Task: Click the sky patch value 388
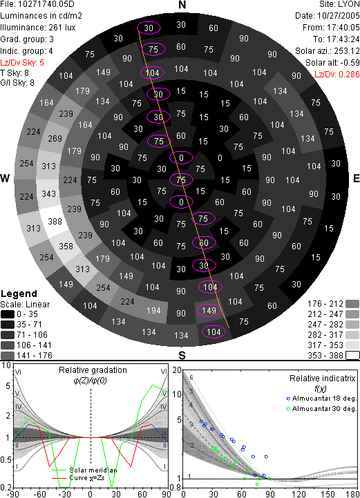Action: [x=55, y=221]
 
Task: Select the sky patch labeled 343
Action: [x=48, y=193]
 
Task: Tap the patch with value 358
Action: [x=66, y=246]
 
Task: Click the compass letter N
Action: [x=182, y=5]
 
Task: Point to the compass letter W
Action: [x=5, y=178]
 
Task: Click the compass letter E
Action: [x=357, y=178]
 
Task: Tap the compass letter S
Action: [x=182, y=356]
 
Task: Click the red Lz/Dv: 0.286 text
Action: [x=337, y=75]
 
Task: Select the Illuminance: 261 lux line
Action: [x=38, y=28]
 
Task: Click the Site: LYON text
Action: [x=339, y=4]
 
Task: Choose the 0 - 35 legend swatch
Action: [x=8, y=314]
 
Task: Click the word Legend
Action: [x=19, y=294]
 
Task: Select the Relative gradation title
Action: [x=93, y=370]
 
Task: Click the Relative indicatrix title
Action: [x=322, y=379]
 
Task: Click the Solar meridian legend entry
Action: [x=84, y=470]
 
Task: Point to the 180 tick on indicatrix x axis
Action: [x=352, y=494]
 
